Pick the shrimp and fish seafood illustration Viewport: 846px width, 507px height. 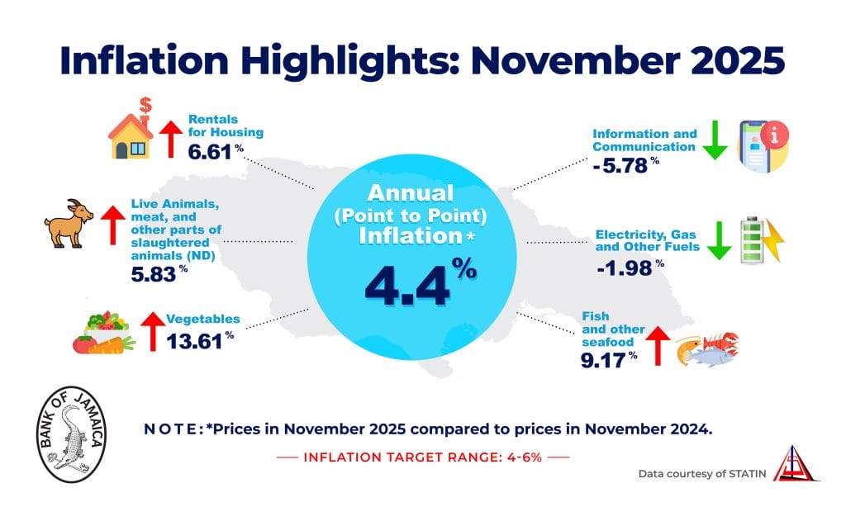(x=706, y=348)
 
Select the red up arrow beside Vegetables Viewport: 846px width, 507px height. (x=152, y=332)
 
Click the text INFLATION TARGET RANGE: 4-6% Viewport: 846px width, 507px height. (x=422, y=457)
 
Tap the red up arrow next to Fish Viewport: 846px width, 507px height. (x=657, y=345)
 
